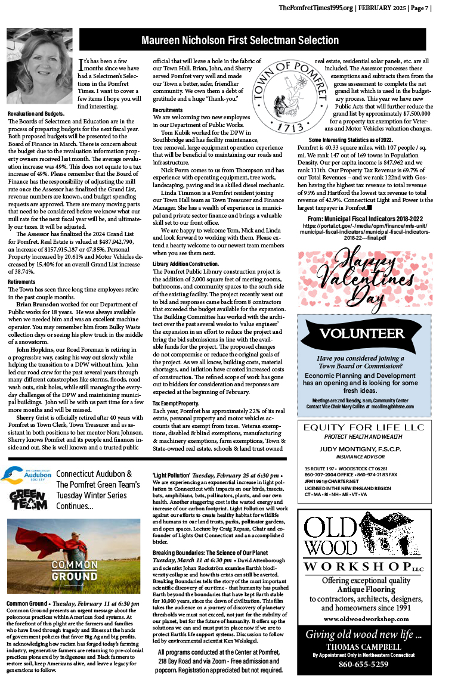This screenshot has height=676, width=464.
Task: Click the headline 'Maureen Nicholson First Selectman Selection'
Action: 240,41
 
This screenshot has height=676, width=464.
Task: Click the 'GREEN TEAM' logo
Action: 28,501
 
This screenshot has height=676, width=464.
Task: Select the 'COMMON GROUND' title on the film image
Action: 74,570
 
